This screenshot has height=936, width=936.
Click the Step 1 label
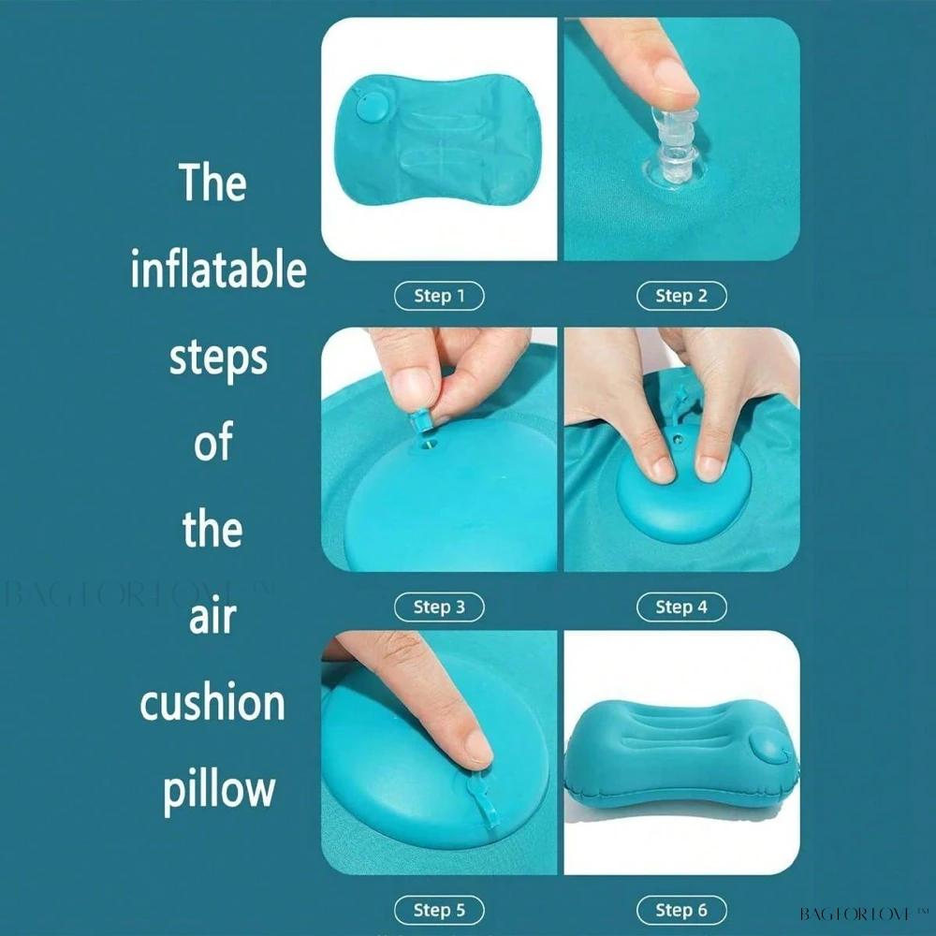[439, 296]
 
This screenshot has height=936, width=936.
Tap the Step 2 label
[681, 296]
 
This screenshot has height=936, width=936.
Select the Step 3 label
[439, 607]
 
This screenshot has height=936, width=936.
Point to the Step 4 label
[681, 607]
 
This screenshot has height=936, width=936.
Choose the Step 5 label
[439, 911]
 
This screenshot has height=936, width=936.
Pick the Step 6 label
[681, 911]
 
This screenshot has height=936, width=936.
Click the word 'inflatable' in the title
[218, 270]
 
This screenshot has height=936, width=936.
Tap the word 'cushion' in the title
[212, 702]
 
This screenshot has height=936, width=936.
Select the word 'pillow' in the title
[219, 790]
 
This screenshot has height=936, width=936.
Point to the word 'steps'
[218, 359]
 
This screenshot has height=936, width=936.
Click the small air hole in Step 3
[431, 444]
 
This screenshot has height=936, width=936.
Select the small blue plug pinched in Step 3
[420, 420]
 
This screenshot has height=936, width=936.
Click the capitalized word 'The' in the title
[212, 183]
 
